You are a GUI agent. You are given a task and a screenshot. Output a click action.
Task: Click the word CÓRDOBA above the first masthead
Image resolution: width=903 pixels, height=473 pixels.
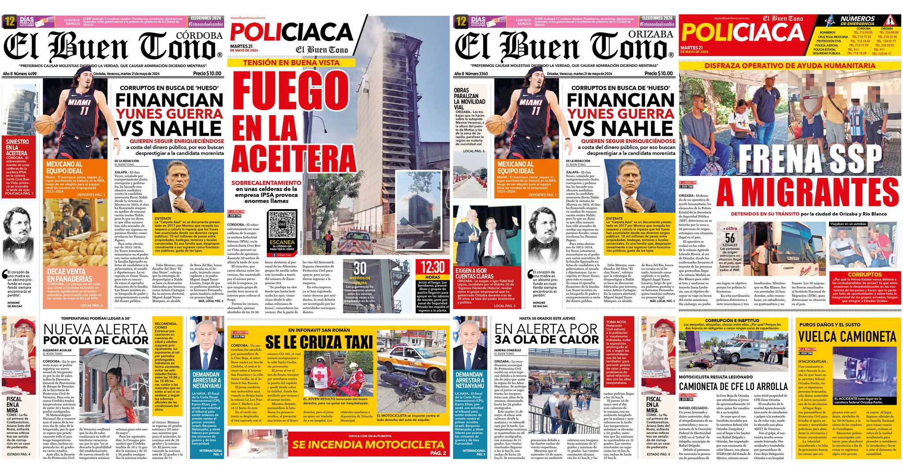point(199,35)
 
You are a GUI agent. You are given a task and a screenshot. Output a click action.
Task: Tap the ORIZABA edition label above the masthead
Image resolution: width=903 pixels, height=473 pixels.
point(651,34)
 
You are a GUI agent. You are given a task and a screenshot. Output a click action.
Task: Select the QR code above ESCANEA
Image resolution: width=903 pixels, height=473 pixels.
point(282,224)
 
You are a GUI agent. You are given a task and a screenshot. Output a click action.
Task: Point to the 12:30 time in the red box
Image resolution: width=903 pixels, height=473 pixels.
point(432,267)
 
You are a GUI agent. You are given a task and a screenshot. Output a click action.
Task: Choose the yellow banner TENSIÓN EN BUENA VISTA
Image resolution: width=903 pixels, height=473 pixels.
point(291,63)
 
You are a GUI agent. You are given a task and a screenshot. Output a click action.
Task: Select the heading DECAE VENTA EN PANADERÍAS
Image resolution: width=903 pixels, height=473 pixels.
point(69,275)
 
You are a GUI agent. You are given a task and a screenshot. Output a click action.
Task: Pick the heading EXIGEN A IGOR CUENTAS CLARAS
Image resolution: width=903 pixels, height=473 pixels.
point(472,273)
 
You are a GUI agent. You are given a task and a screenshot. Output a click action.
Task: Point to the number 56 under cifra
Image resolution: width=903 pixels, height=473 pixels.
point(730,238)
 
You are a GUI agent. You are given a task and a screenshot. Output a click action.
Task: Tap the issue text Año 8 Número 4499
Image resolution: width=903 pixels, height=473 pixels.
point(20,74)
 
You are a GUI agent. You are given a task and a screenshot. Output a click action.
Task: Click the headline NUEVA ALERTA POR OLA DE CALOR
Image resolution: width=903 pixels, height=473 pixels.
point(96,334)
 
